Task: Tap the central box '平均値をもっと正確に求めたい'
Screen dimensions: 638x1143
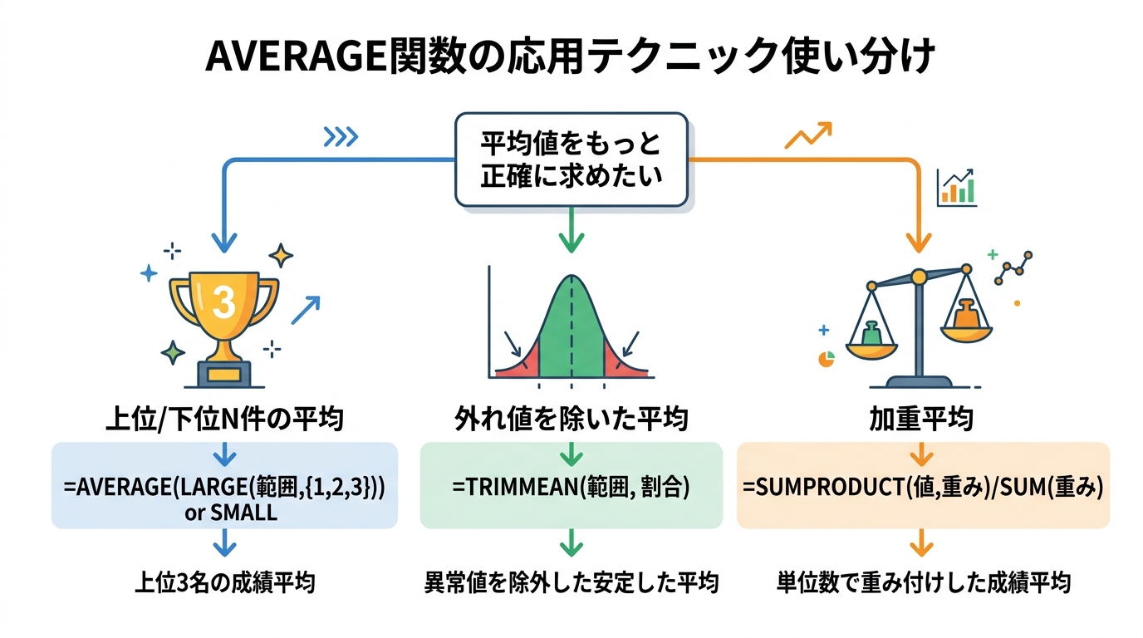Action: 571,159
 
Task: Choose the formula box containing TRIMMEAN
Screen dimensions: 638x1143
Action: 571,486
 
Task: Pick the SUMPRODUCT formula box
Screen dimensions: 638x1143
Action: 923,486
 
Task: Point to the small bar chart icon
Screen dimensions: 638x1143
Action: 956,188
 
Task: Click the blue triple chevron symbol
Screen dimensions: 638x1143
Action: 341,137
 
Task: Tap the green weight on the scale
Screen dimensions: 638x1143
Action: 871,332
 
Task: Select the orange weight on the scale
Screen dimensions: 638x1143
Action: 966,315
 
